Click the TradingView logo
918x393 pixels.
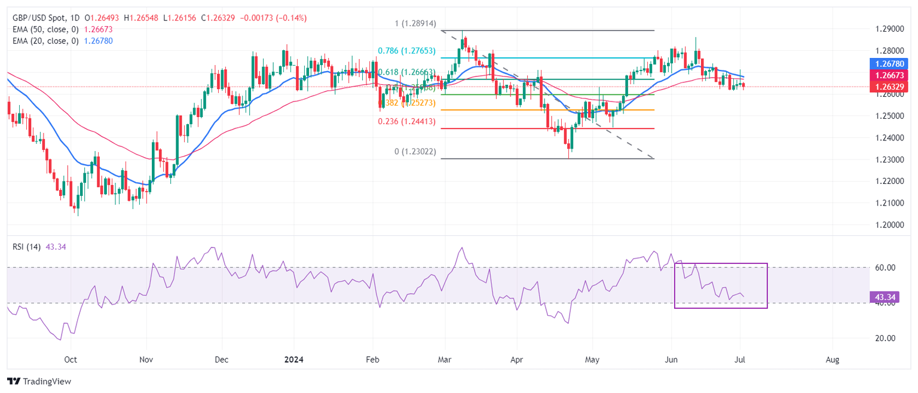pos(39,381)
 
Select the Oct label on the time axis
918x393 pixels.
pos(71,360)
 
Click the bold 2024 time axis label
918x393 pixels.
pos(294,360)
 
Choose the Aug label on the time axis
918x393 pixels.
pos(832,360)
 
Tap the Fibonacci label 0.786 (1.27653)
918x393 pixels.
pos(411,51)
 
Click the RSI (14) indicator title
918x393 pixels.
pos(26,247)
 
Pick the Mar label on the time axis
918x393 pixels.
pos(444,360)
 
